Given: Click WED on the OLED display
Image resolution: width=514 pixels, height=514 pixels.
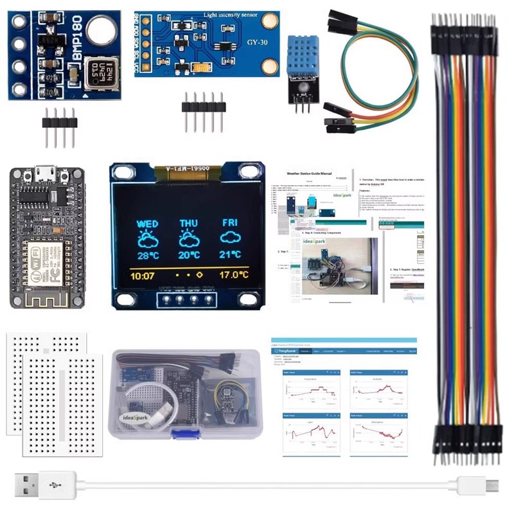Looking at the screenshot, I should click(x=148, y=224).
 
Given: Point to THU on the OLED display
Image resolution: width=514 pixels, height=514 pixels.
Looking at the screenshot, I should click(x=189, y=224).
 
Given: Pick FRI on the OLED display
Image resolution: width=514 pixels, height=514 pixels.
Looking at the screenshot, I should click(x=230, y=223).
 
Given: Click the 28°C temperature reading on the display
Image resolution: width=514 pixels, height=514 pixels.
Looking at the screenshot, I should click(x=147, y=255).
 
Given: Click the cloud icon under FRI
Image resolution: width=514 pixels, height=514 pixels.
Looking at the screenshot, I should click(x=230, y=238).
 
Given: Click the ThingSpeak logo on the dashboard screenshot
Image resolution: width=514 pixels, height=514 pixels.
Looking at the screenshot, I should click(x=285, y=351).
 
